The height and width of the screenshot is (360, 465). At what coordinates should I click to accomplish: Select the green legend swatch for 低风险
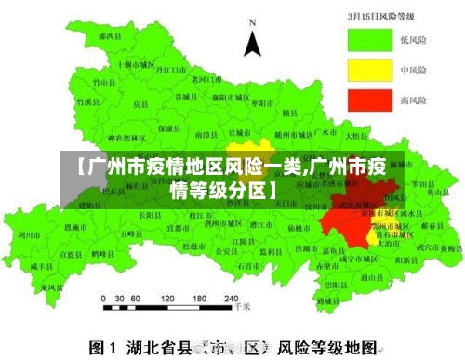pos(367,40)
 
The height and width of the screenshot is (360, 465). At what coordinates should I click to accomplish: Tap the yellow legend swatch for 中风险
pos(367,70)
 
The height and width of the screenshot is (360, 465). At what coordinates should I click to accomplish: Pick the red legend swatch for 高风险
pos(367,99)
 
